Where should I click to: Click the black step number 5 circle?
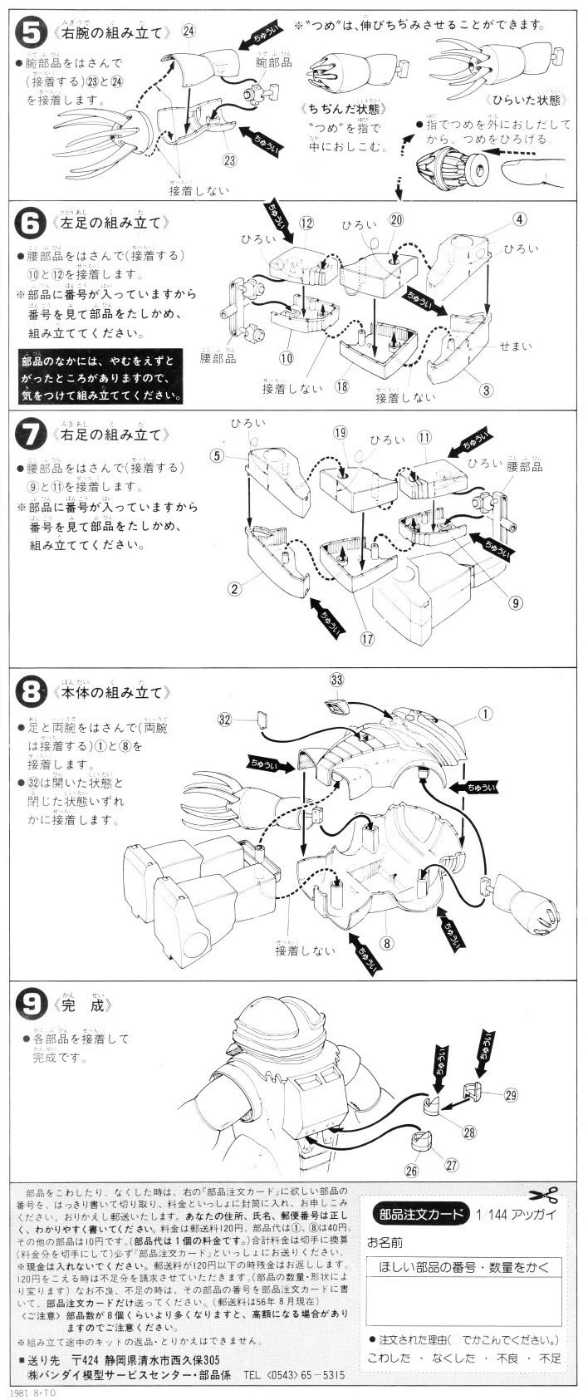(x=32, y=33)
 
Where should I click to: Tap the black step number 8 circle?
(x=32, y=691)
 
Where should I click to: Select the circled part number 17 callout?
(x=367, y=638)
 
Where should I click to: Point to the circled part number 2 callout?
(x=235, y=589)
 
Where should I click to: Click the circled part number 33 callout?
(x=336, y=680)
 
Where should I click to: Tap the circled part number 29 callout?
(x=511, y=1094)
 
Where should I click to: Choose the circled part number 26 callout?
(x=410, y=1172)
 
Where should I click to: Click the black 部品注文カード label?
(x=422, y=1212)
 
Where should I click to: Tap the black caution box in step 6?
(x=100, y=376)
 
